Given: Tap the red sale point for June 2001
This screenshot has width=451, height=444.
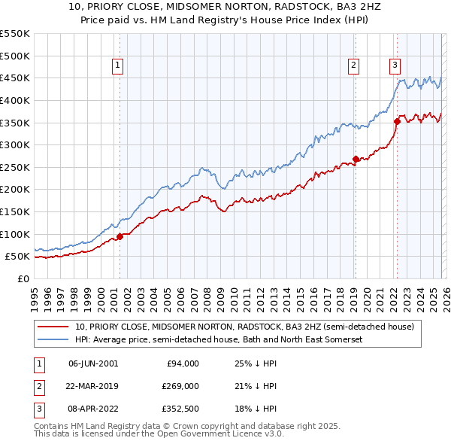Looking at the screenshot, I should point(120,236).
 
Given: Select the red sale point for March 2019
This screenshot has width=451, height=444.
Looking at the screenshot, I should point(356,159).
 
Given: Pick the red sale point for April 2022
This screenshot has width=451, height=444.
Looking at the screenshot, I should point(397,121).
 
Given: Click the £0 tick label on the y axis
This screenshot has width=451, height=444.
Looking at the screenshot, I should point(24,278).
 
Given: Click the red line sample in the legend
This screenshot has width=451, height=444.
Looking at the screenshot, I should point(53,327).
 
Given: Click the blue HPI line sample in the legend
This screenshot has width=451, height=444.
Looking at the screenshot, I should point(53,339).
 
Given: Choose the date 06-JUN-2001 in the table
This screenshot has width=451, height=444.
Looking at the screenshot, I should point(93,363).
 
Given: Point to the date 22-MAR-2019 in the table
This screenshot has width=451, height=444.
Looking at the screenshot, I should point(93,386).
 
